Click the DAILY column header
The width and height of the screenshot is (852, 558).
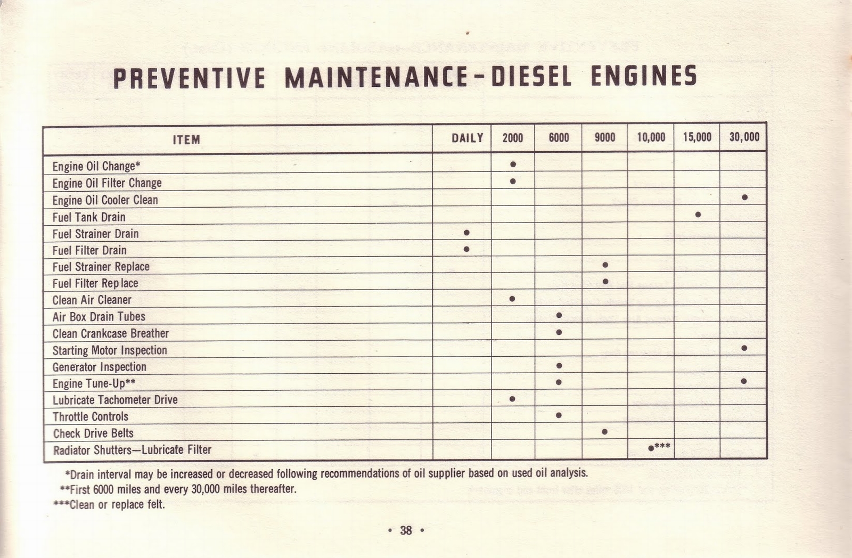click(x=467, y=138)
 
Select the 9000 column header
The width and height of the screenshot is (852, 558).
click(x=604, y=138)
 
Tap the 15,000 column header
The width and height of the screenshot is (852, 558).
click(x=697, y=137)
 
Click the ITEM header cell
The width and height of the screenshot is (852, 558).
click(x=186, y=139)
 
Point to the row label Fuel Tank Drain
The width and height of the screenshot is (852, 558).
click(x=89, y=217)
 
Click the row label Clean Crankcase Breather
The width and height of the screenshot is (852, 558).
click(x=110, y=334)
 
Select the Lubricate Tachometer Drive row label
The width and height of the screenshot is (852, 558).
click(x=115, y=400)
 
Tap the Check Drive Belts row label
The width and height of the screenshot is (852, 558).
click(x=93, y=433)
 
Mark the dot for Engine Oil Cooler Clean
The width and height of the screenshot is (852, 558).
click(x=744, y=198)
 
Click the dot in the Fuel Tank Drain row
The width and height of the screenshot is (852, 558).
click(x=698, y=215)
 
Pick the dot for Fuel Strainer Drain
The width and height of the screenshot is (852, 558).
click(x=466, y=233)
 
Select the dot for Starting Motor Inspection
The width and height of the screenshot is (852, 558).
click(x=744, y=348)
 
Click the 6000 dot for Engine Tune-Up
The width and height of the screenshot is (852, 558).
click(x=559, y=382)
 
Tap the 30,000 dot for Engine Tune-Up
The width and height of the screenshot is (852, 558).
click(x=743, y=381)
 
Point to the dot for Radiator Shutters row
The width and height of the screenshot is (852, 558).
click(x=651, y=448)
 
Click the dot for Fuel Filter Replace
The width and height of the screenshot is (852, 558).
click(x=605, y=282)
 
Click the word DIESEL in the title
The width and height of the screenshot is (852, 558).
click(x=531, y=77)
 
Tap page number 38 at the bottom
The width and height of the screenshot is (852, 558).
click(x=406, y=530)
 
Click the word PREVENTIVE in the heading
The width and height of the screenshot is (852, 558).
click(x=189, y=78)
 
